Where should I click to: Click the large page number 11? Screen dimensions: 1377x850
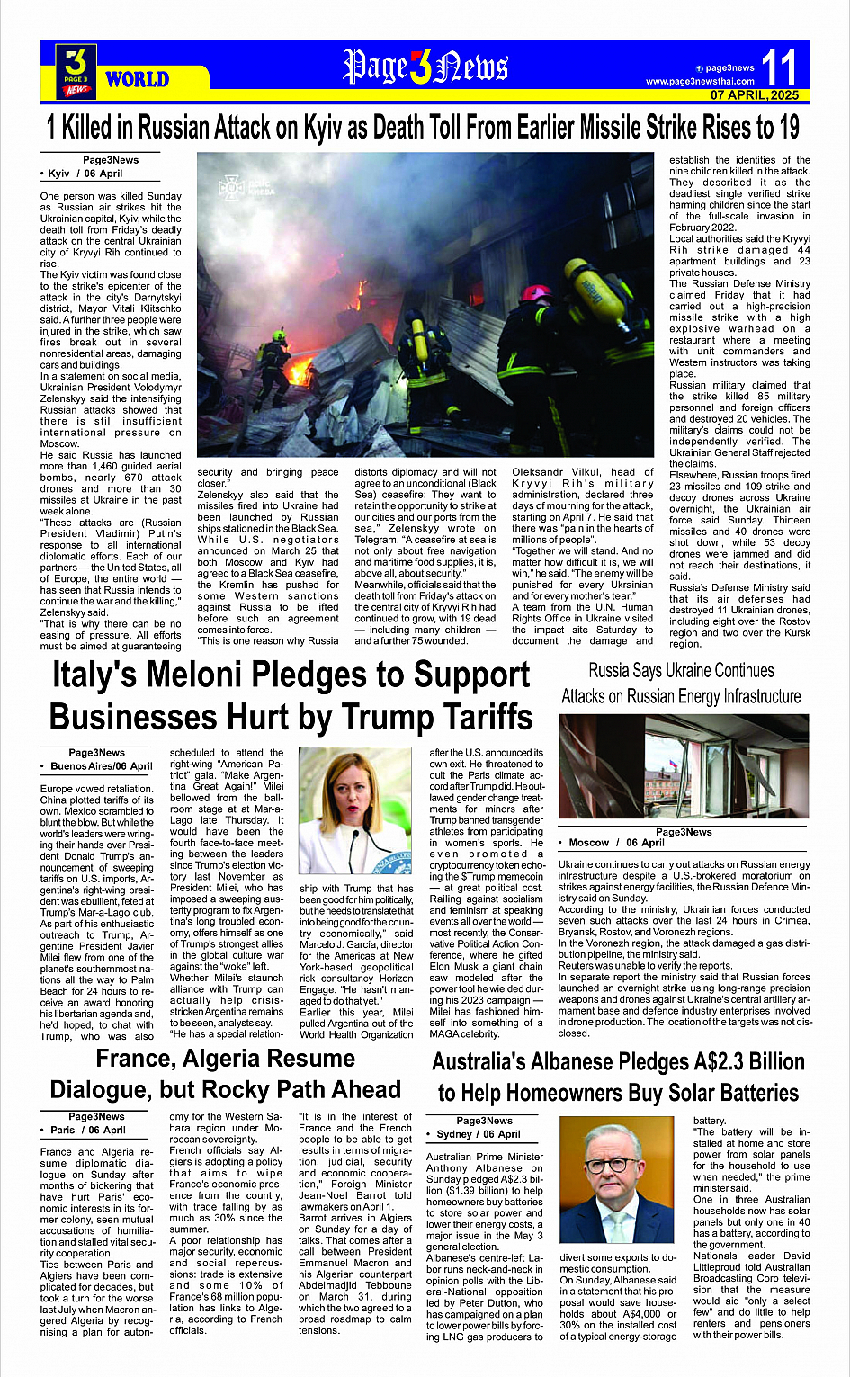click(778, 68)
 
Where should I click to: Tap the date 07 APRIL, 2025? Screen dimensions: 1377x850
click(754, 94)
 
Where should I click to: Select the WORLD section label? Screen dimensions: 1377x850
click(137, 80)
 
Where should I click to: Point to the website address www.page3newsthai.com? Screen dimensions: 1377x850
click(700, 81)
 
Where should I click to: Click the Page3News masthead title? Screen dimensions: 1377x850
click(425, 67)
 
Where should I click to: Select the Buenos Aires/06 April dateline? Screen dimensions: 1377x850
click(101, 766)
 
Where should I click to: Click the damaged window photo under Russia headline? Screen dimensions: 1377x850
click(681, 767)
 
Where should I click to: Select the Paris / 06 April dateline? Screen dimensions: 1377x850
click(87, 1130)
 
